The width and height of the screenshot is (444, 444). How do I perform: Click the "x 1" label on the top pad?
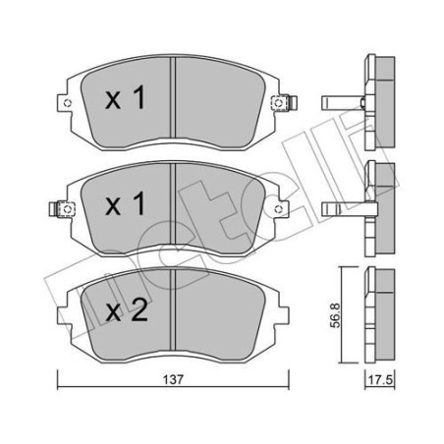125,98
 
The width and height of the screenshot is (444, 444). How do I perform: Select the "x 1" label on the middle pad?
125,205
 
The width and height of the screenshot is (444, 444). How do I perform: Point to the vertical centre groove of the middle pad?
173,203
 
